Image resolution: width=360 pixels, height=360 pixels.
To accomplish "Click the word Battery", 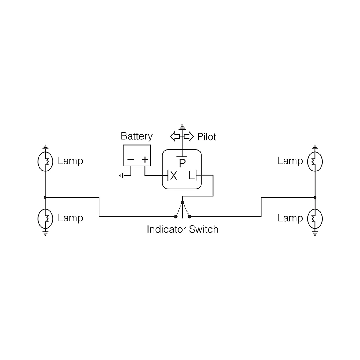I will pos(136,136).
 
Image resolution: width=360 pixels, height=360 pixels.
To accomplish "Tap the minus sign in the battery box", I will pos(131,160).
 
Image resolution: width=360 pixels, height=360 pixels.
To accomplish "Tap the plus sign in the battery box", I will pos(145,160).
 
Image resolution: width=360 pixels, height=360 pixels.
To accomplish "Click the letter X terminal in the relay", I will pos(174,176).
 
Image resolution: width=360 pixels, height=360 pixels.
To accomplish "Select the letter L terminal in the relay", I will pos(191,176).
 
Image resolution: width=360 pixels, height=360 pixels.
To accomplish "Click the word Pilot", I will pos(206,137).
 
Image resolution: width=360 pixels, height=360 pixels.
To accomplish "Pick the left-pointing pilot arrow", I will pos(175,136).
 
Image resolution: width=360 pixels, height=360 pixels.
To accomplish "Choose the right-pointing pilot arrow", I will pos(189,136).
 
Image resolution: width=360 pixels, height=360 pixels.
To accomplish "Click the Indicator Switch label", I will pos(182,229).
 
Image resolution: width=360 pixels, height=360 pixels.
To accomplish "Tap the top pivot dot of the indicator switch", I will pos(182,202).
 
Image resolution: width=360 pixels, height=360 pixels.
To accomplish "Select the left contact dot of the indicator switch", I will pos(176,217).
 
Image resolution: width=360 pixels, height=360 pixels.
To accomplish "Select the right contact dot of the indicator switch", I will pos(189,217).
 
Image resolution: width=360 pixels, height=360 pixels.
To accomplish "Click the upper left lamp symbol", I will pos(45,161).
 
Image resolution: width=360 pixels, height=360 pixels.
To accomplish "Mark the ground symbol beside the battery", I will pos(121,176).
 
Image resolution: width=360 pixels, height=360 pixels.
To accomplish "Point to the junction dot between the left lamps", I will pos(45,197).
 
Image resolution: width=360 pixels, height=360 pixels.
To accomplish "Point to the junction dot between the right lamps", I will pos(315,197).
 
